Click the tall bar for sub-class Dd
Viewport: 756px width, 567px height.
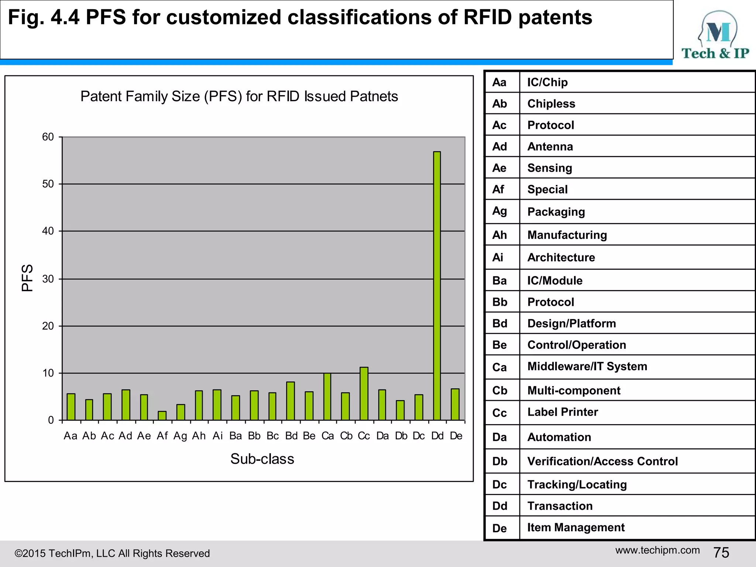437,286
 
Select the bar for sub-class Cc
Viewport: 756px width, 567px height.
364,394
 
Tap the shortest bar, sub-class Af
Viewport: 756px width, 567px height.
162,416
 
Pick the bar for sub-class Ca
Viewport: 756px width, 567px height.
327,397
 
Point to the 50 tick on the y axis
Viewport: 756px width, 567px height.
48,184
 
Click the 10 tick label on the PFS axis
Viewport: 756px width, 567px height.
48,373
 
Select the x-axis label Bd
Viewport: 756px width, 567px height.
291,436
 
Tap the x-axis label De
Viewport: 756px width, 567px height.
456,436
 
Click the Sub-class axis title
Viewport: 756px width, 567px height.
262,459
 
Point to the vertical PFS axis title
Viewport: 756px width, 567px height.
27,278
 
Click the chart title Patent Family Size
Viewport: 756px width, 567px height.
239,96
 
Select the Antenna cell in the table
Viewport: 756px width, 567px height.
550,147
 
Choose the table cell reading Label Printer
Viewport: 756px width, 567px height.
563,412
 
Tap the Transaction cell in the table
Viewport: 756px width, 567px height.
560,506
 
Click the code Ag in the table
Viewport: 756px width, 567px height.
499,211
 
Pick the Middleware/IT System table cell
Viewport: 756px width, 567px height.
587,366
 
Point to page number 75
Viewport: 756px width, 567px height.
721,553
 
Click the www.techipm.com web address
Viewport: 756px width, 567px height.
657,550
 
